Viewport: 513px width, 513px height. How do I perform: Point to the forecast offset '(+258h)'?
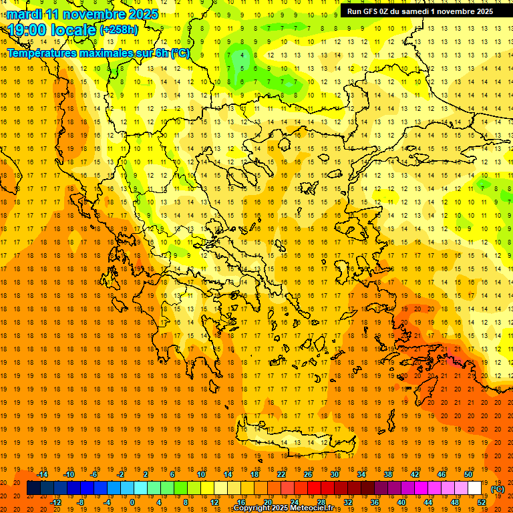pyautogui.click(x=119, y=30)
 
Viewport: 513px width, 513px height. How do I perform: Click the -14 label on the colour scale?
pyautogui.click(x=43, y=474)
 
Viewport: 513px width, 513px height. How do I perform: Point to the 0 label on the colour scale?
pyautogui.click(x=132, y=502)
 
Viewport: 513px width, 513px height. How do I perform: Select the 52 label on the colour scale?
pyautogui.click(x=482, y=502)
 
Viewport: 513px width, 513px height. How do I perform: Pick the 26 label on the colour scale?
pyautogui.click(x=309, y=474)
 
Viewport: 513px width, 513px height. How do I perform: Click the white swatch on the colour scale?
pyautogui.click(x=474, y=488)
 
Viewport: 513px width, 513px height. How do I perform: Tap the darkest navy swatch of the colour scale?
pyautogui.click(x=33, y=488)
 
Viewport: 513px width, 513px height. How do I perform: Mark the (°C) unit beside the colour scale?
pyautogui.click(x=498, y=489)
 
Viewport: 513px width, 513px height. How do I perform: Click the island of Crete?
pyautogui.click(x=294, y=438)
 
